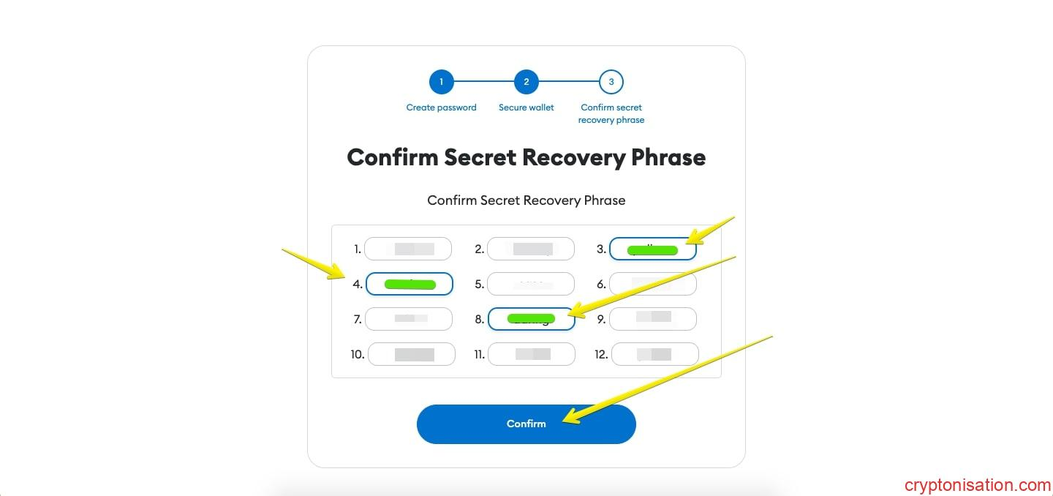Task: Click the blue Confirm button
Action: [x=526, y=424]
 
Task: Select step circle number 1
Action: [x=442, y=82]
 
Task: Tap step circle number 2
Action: [x=526, y=82]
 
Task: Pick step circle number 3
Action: [x=611, y=82]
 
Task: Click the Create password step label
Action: [x=441, y=108]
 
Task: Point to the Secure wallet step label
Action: [x=526, y=108]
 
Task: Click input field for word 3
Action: [x=652, y=249]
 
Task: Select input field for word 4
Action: [x=409, y=284]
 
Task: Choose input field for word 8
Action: [x=531, y=319]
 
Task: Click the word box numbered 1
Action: [x=408, y=249]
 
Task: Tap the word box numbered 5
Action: [x=531, y=284]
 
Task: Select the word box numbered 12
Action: [x=654, y=355]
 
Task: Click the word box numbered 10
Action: [x=411, y=355]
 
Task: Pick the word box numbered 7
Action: [x=408, y=319]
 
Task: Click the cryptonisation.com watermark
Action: [x=978, y=485]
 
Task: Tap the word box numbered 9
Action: [x=652, y=319]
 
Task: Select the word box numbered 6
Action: [x=652, y=284]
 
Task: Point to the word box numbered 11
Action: [x=531, y=355]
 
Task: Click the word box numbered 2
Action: [x=531, y=249]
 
